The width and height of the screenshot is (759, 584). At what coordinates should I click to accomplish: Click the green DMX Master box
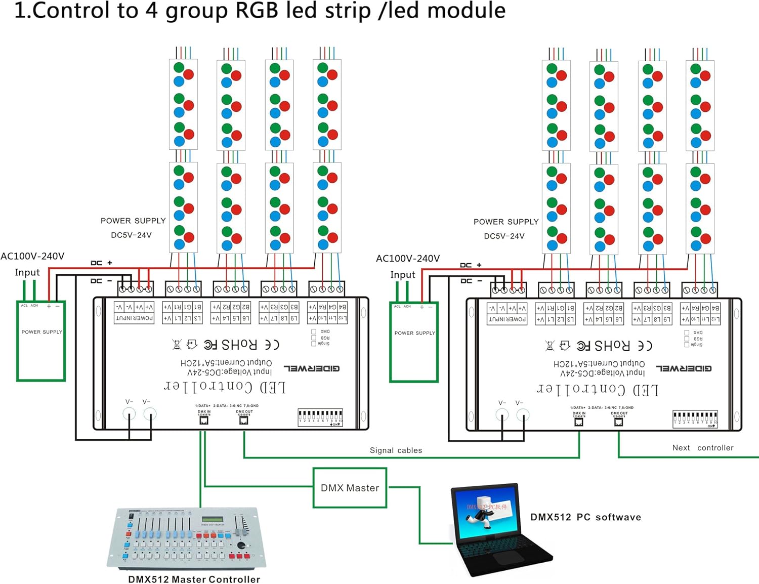click(x=350, y=487)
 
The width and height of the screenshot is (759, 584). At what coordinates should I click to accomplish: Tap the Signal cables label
click(x=396, y=450)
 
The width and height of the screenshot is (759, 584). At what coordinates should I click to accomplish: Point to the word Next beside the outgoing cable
click(x=681, y=448)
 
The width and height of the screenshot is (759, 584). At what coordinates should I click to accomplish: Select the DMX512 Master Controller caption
click(x=194, y=579)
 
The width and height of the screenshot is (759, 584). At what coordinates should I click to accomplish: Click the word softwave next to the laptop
click(x=618, y=517)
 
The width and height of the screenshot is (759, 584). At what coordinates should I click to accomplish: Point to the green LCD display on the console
click(x=213, y=519)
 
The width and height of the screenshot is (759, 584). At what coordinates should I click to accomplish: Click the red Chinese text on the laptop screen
click(x=487, y=506)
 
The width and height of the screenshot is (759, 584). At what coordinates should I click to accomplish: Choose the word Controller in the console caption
click(x=234, y=579)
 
